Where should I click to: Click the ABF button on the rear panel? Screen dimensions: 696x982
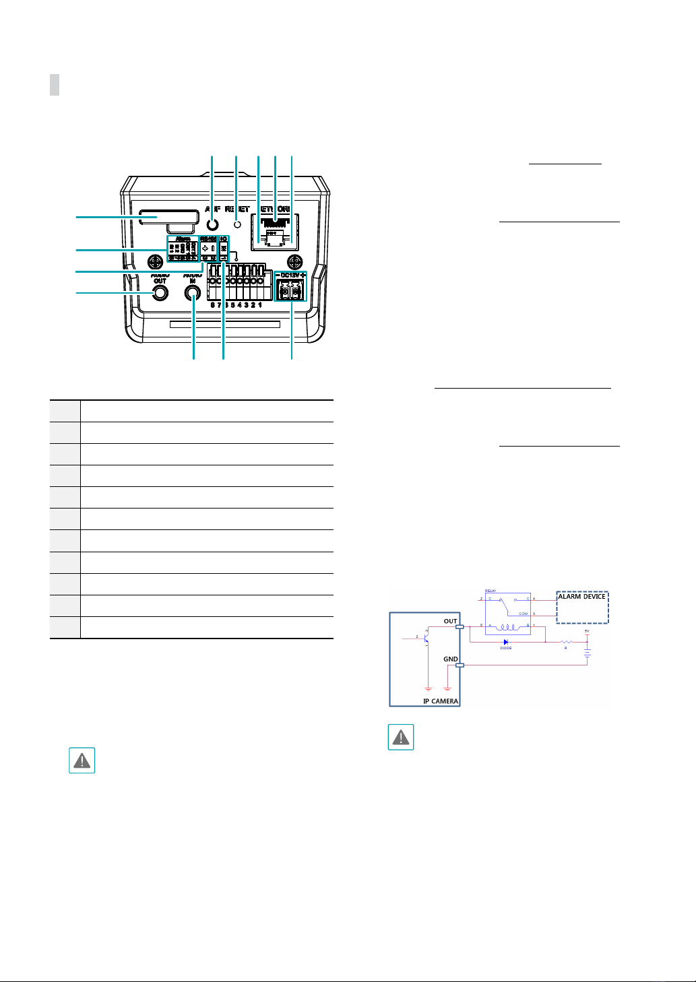tap(213, 225)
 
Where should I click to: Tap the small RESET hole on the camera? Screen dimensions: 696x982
tap(236, 225)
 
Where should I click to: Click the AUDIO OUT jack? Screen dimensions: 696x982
tap(160, 294)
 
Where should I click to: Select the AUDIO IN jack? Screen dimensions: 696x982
tap(194, 294)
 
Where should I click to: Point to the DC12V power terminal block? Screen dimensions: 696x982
tap(291, 290)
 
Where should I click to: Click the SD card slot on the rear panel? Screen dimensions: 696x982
tap(169, 217)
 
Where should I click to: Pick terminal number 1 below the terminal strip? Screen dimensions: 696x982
tap(260, 305)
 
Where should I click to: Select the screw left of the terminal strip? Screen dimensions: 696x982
tap(156, 261)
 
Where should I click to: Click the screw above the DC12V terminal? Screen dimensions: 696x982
tap(293, 261)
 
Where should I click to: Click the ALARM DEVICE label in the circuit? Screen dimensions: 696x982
tap(582, 597)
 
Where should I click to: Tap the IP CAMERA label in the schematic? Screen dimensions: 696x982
tap(441, 701)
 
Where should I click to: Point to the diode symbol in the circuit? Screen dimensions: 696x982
tap(506, 641)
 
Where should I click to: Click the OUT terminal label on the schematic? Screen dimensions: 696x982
tap(450, 621)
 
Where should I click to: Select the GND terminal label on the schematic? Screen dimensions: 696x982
tap(450, 659)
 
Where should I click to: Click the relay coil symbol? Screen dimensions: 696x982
tap(507, 626)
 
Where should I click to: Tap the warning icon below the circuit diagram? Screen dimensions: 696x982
tap(401, 737)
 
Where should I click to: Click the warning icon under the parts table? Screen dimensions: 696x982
tap(82, 760)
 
